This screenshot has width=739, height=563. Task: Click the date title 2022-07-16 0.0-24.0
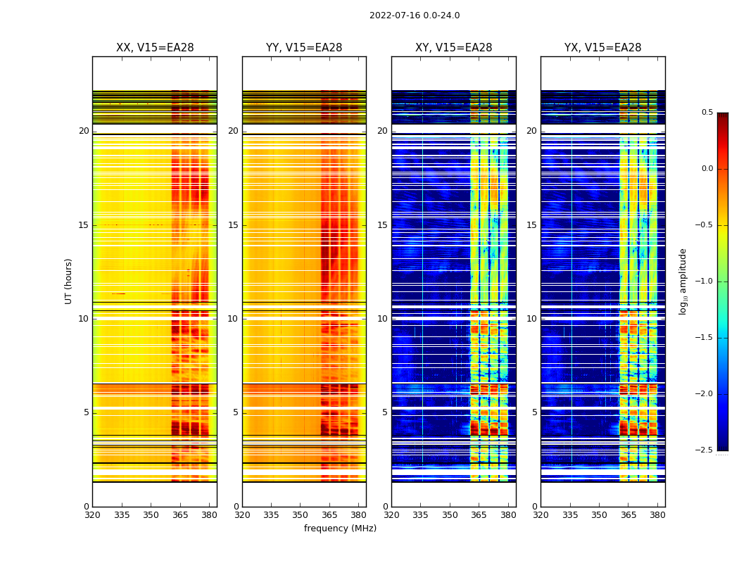click(415, 15)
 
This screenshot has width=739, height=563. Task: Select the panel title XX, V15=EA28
click(155, 48)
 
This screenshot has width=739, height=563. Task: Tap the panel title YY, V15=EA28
click(304, 48)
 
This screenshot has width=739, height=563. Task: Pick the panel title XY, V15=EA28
click(453, 48)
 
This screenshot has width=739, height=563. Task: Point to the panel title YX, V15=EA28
click(602, 48)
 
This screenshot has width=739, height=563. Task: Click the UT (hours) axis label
click(69, 281)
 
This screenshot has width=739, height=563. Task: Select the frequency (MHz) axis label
click(340, 529)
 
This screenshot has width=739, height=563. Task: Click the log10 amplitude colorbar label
click(683, 281)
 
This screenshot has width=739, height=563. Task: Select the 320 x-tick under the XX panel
click(92, 514)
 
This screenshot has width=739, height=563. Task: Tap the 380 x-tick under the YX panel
click(657, 514)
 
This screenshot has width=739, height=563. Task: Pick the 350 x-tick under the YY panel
click(301, 514)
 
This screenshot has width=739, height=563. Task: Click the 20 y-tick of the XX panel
click(84, 131)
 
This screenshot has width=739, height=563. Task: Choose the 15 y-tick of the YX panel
click(532, 225)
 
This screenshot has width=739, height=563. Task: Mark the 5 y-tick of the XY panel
click(385, 412)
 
